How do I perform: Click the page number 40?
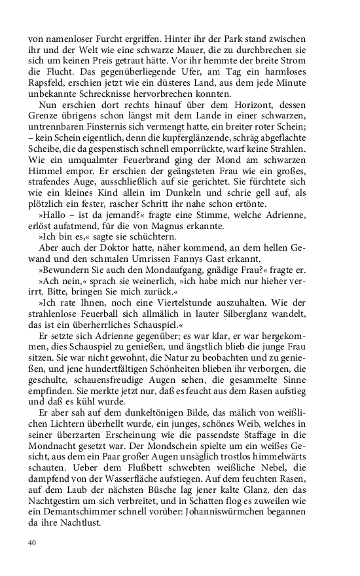click(32, 542)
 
